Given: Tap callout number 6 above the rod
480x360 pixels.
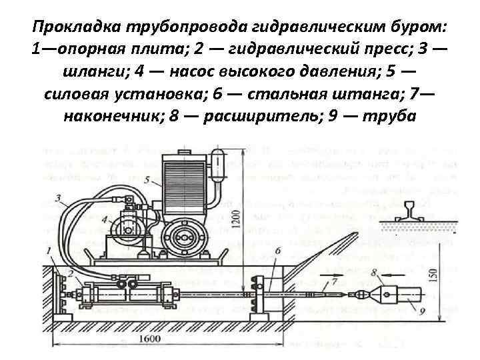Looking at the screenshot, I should click(x=277, y=250).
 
